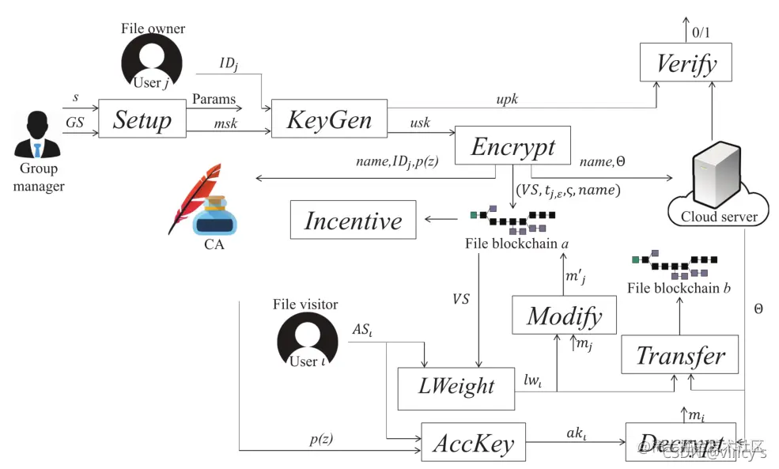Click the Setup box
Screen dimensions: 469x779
click(x=142, y=120)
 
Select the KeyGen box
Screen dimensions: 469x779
click(x=329, y=120)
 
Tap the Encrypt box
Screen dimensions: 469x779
click(x=513, y=146)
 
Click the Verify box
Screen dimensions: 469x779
click(x=686, y=63)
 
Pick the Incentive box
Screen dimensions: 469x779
click(x=353, y=221)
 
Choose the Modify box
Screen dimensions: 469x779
click(x=564, y=316)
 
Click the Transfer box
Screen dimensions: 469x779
click(x=680, y=355)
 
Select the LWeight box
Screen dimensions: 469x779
click(x=456, y=388)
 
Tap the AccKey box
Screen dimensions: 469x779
click(x=473, y=444)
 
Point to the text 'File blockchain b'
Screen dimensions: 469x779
click(x=679, y=287)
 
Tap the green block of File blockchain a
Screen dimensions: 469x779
click(x=474, y=214)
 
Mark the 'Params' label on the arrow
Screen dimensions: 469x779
click(x=214, y=100)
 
